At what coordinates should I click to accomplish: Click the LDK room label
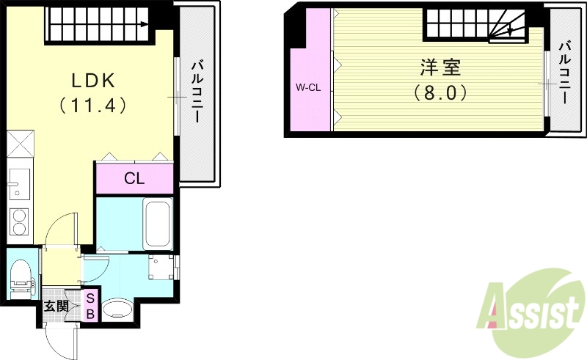click(92, 78)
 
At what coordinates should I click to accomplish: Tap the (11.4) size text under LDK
click(92, 105)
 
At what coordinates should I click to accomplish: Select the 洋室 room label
click(440, 67)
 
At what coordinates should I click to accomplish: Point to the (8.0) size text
click(440, 93)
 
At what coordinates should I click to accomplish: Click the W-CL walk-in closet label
click(308, 87)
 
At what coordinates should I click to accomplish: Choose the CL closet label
click(134, 178)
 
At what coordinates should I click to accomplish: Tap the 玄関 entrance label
click(56, 306)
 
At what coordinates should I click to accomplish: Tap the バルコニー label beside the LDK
click(197, 92)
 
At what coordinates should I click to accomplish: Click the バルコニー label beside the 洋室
click(565, 73)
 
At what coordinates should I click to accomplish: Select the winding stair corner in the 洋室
click(507, 29)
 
